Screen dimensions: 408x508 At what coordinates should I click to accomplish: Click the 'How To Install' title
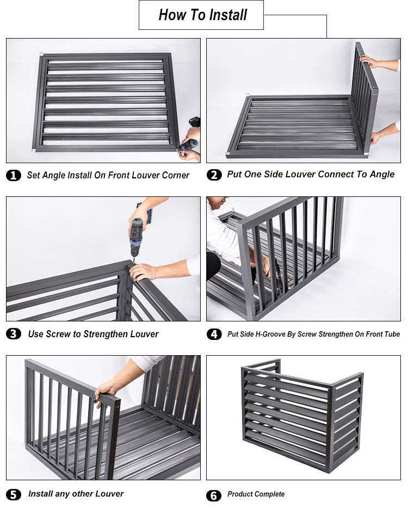(x=202, y=15)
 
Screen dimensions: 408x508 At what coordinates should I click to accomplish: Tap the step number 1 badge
(x=14, y=175)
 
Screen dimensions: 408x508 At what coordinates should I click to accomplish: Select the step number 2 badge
(x=214, y=175)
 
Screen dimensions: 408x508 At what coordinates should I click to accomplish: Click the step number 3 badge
(x=14, y=334)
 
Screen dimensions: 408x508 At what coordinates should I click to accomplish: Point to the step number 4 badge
(x=214, y=334)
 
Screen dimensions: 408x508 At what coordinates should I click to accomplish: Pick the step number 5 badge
(x=14, y=495)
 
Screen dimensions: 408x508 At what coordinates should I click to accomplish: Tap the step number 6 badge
(x=214, y=495)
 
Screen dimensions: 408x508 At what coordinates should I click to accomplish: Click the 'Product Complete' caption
(x=256, y=494)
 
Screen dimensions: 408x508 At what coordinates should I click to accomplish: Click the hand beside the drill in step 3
(x=143, y=271)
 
